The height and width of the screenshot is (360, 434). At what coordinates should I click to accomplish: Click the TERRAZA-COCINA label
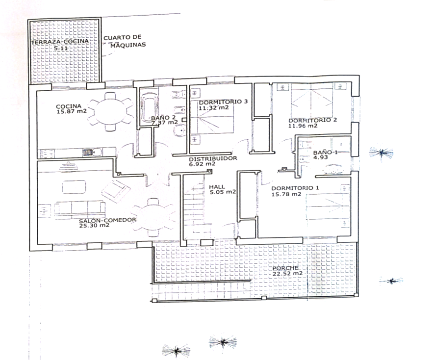coord(60,42)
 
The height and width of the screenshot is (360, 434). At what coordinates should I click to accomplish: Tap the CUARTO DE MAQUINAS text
coord(125,41)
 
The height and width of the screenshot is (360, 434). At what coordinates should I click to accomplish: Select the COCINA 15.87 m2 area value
coord(72,111)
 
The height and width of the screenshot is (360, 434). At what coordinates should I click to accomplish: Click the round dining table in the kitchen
coord(110,112)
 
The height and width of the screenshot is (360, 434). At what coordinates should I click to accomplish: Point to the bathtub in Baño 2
coord(148,106)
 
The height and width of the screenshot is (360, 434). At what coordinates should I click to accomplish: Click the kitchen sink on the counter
coord(92,152)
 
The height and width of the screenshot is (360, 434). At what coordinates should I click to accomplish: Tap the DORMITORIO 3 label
coord(223,102)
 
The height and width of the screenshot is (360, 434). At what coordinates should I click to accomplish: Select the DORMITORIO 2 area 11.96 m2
coord(303,126)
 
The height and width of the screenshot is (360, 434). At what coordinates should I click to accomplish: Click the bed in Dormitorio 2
coord(312,101)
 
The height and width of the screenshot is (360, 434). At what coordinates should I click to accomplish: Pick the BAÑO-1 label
coord(325,153)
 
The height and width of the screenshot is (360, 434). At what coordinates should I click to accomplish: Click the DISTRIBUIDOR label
coord(213,159)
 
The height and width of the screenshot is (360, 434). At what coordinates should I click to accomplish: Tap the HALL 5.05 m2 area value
coord(223,192)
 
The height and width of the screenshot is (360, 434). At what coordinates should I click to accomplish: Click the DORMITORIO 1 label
coord(295,188)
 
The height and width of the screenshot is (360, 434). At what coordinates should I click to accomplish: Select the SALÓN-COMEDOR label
coord(107,220)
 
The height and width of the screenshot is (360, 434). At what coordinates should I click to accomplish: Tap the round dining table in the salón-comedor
coord(153,217)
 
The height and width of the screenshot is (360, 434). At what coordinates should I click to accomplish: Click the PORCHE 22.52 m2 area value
coord(287,274)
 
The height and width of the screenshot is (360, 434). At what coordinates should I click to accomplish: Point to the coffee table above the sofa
coord(74,187)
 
